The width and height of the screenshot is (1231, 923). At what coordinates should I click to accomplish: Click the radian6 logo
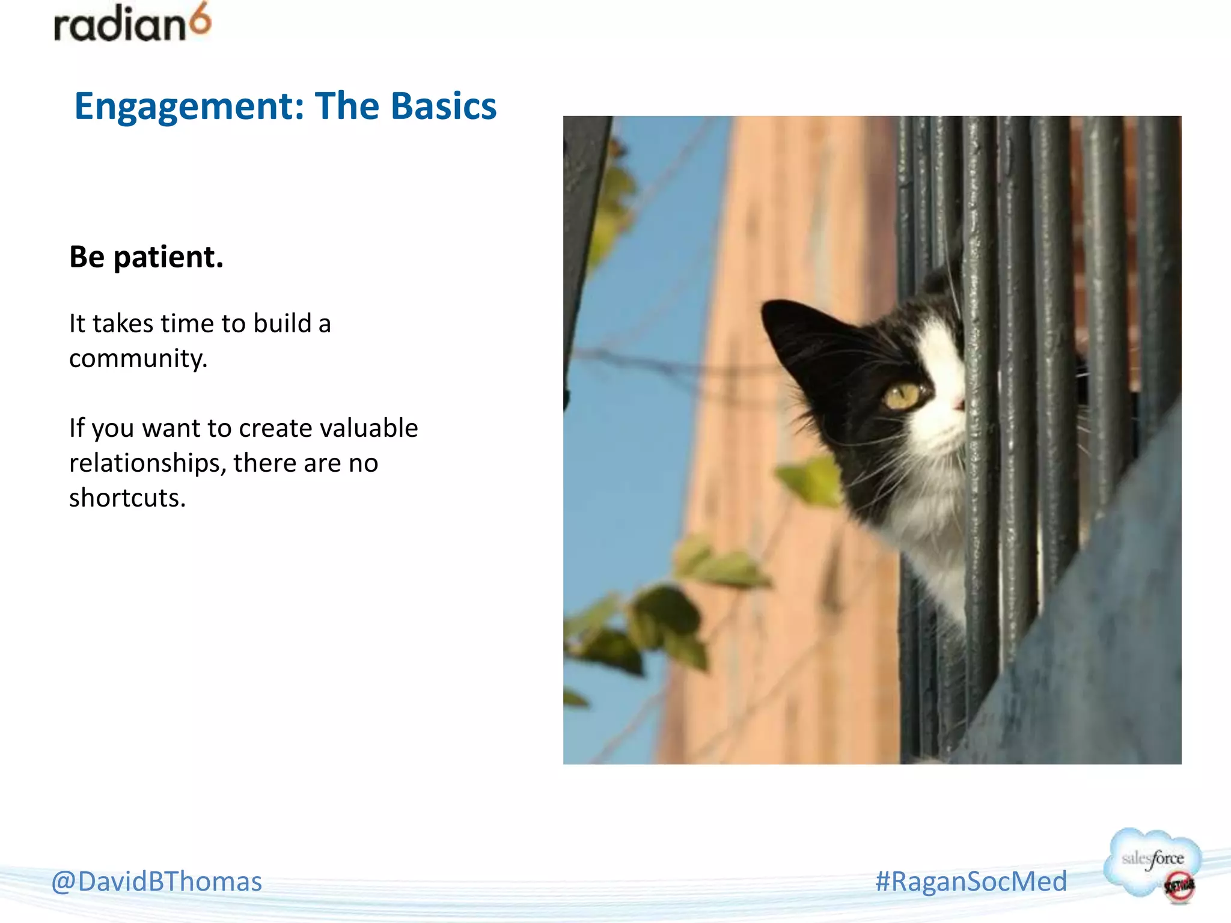click(132, 24)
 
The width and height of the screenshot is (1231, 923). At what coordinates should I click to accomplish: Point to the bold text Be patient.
click(146, 257)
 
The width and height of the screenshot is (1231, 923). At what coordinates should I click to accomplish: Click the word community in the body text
click(138, 359)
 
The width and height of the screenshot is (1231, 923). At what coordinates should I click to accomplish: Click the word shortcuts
click(127, 498)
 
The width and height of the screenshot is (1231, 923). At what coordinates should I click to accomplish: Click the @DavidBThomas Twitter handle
click(156, 882)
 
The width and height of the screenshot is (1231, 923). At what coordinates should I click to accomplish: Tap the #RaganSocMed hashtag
click(971, 882)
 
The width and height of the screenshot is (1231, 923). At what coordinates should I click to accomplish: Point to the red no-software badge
click(1179, 887)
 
